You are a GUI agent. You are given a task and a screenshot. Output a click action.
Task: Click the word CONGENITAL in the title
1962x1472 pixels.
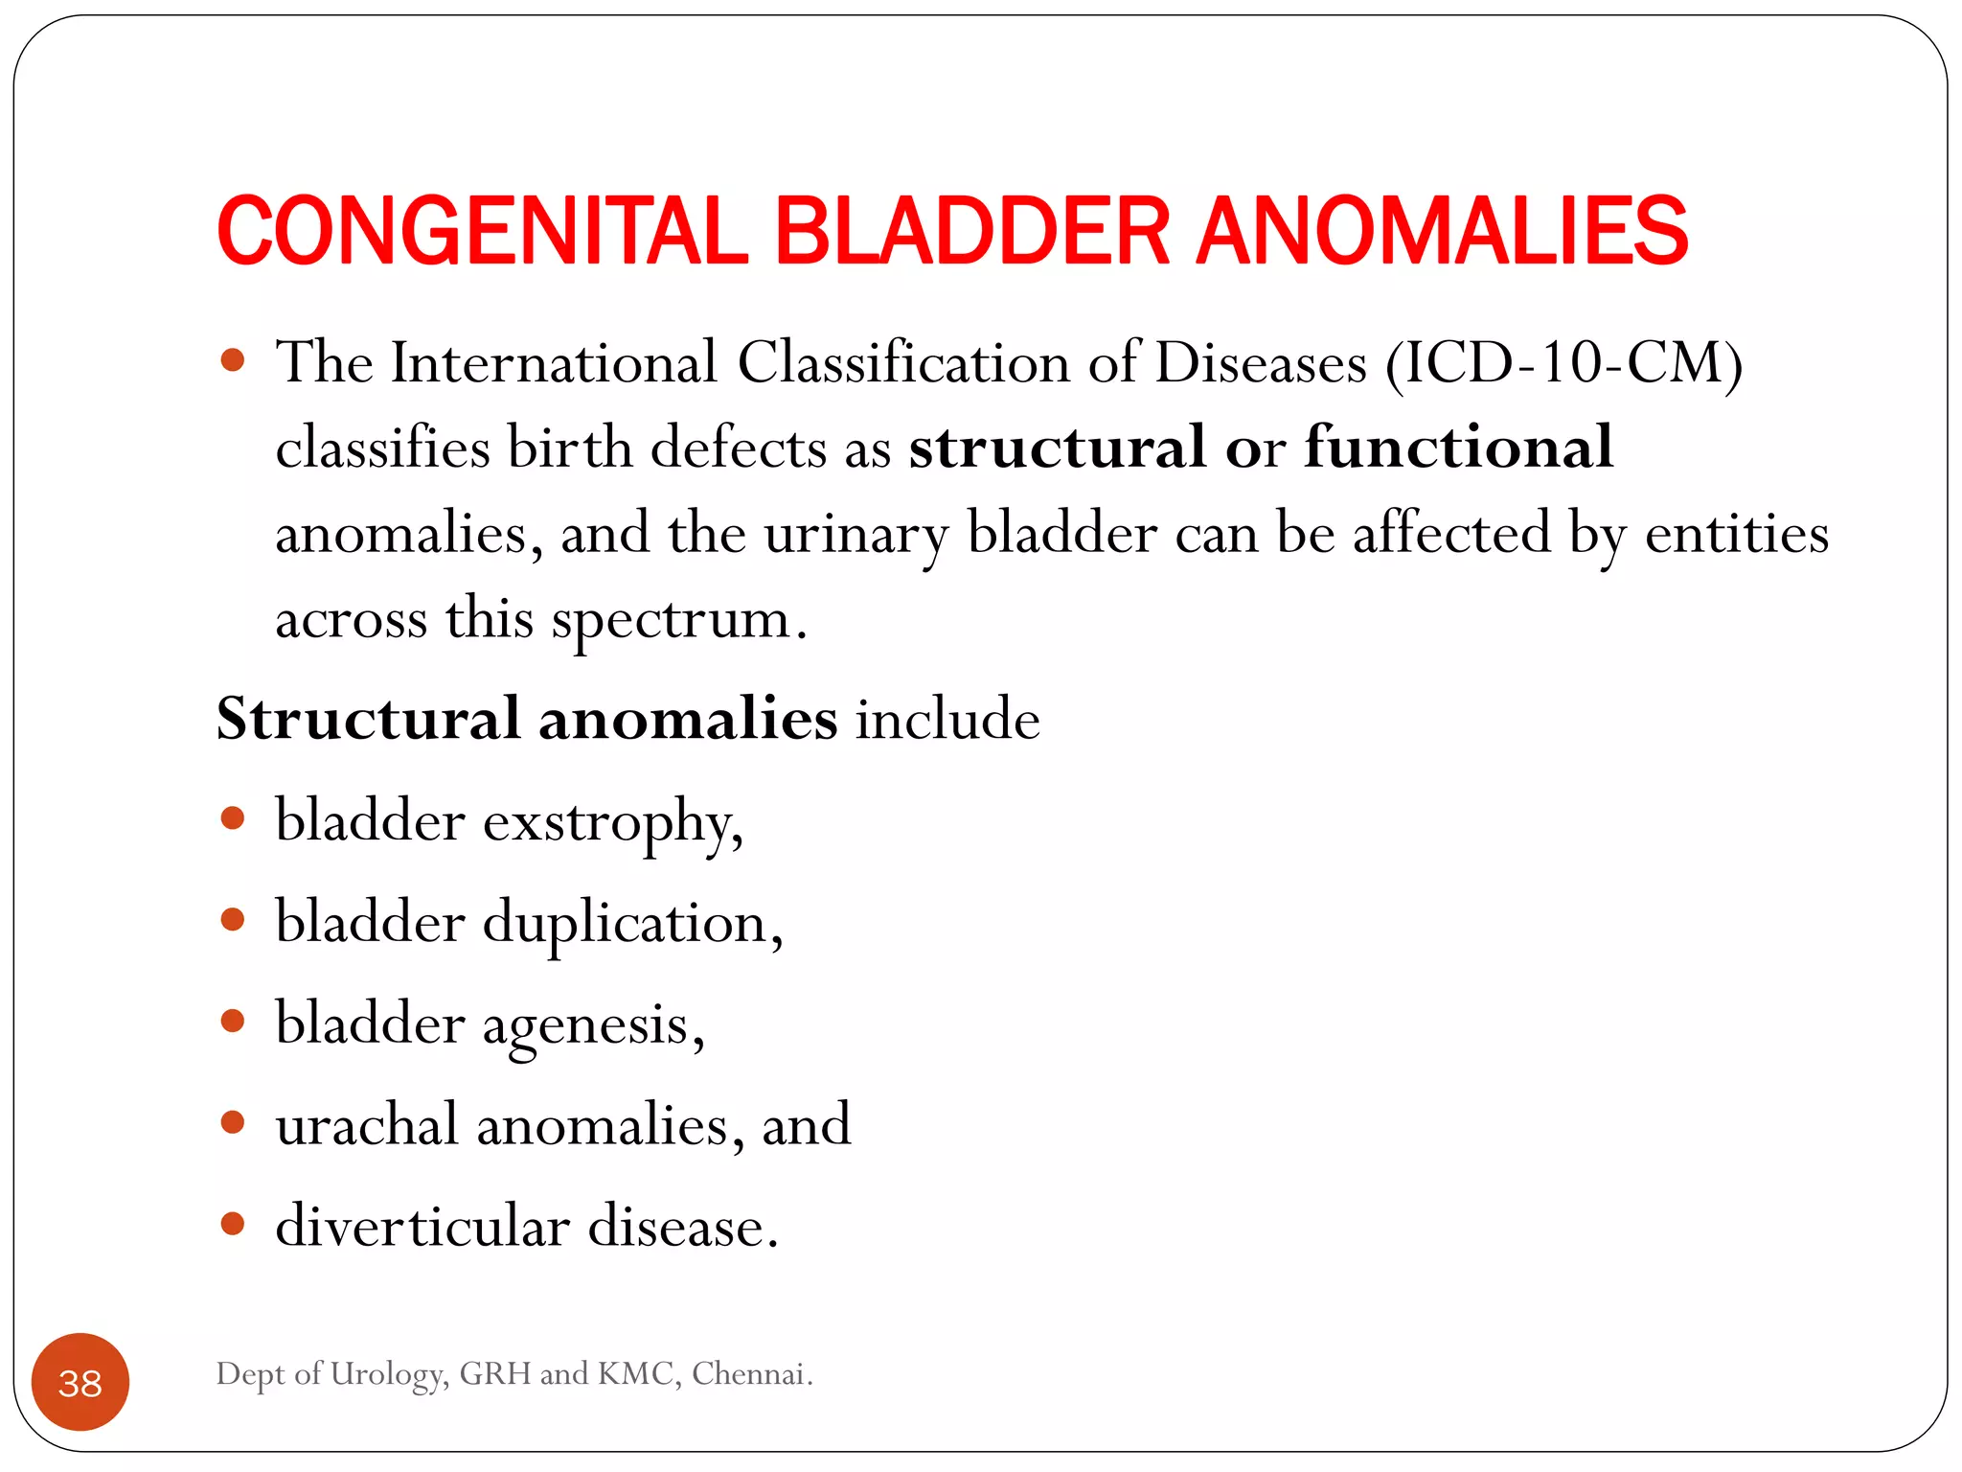[482, 231]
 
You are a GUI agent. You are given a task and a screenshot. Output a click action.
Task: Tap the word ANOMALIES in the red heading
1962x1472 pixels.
[1442, 231]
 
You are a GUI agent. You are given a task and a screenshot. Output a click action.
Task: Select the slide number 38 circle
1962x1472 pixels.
[80, 1382]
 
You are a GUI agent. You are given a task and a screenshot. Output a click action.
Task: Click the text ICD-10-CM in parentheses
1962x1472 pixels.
[1563, 363]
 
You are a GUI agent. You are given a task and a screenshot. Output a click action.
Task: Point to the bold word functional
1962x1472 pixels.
[1458, 448]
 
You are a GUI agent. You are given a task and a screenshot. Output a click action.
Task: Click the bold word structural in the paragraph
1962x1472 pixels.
[1057, 448]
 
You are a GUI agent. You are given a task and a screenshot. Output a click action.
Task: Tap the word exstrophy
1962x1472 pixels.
[612, 822]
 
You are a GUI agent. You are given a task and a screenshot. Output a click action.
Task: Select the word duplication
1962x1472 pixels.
[632, 924]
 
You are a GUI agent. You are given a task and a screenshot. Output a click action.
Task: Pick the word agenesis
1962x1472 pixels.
[593, 1025]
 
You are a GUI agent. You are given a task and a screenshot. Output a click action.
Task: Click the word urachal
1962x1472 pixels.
[367, 1125]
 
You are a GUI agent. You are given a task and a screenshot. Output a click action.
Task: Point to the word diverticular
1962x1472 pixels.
[422, 1226]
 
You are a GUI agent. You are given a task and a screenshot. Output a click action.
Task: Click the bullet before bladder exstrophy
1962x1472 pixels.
[233, 818]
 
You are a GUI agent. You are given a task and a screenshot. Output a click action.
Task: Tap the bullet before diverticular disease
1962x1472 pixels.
[233, 1224]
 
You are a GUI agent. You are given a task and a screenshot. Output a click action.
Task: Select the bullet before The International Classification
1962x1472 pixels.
[233, 360]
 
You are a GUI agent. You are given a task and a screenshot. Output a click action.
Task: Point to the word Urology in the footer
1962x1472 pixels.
[388, 1375]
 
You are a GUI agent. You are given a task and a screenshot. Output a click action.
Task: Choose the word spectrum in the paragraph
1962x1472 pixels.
[672, 619]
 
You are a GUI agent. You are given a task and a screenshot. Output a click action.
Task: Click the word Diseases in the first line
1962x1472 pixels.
[1260, 363]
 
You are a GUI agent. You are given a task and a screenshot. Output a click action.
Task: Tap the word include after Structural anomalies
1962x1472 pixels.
[947, 719]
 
